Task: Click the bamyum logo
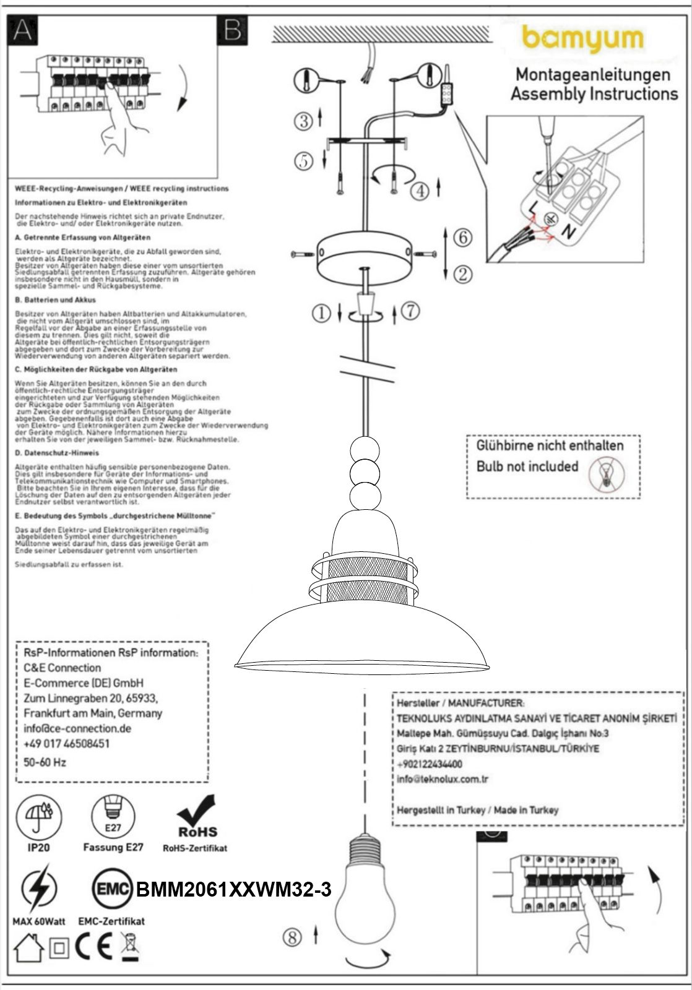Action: [x=582, y=39]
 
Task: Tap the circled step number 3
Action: [x=303, y=121]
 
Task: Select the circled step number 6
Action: [x=462, y=236]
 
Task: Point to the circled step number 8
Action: [x=293, y=937]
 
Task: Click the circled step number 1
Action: [x=321, y=314]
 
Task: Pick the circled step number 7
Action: [x=410, y=311]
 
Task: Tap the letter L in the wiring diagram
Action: [x=532, y=207]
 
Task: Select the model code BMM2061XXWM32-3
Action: [x=233, y=890]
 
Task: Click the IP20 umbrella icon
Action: [x=38, y=816]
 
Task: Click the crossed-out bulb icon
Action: [x=607, y=474]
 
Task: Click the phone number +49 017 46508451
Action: [x=66, y=744]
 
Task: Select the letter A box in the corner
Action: [x=22, y=30]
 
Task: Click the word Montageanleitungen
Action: [x=593, y=75]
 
